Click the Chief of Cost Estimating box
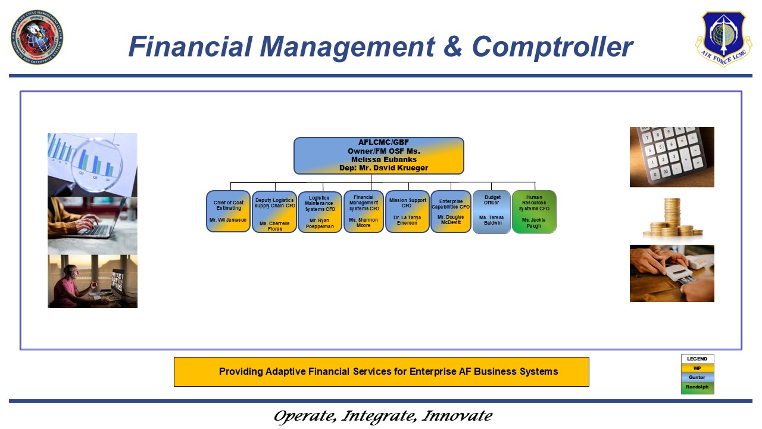click(x=228, y=211)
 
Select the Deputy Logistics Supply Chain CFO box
click(x=274, y=212)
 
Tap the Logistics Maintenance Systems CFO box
click(x=320, y=212)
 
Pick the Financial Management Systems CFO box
click(x=364, y=212)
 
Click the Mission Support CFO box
click(x=407, y=211)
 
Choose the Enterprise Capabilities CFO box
click(x=451, y=211)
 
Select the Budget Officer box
click(x=492, y=212)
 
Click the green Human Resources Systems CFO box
click(x=534, y=212)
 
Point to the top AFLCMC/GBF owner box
click(x=379, y=156)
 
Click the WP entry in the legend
click(x=697, y=368)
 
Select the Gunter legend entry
click(x=697, y=377)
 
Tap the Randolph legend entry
click(x=697, y=387)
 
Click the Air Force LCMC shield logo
click(x=723, y=38)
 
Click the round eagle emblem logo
click(x=37, y=37)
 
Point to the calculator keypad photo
click(x=672, y=157)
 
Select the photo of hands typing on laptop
click(x=92, y=226)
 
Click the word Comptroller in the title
click(x=552, y=46)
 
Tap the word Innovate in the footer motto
click(x=457, y=416)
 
